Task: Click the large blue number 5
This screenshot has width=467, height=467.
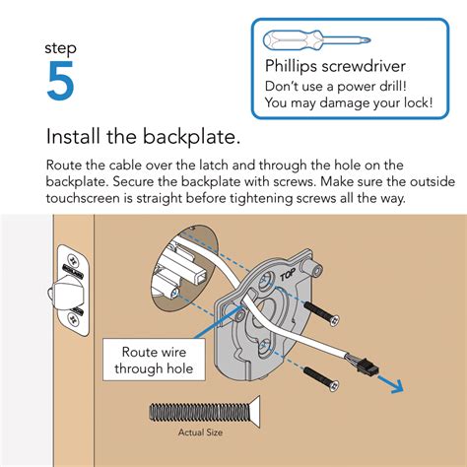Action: pos(60,82)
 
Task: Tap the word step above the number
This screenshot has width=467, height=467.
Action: pos(61,47)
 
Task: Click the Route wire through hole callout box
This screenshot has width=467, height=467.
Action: pos(150,361)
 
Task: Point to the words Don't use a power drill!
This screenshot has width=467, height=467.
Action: pos(335,86)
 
